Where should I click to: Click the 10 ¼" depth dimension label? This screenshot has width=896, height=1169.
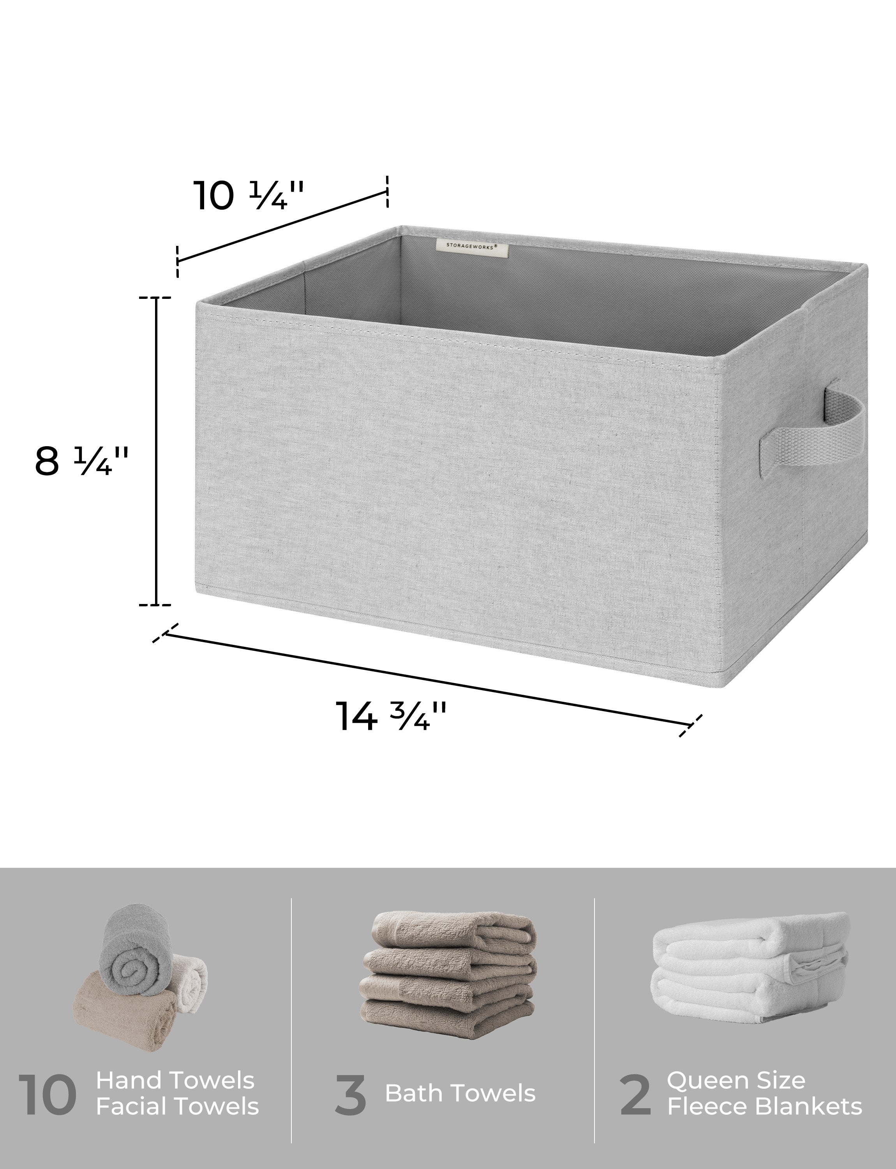point(248,196)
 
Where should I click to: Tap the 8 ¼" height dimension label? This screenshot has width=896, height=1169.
point(81,461)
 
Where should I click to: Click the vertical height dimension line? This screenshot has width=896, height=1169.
point(156,451)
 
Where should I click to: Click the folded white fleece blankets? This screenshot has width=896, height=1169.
point(750,971)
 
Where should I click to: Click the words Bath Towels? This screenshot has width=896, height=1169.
point(460,1093)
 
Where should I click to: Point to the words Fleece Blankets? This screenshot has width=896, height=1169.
point(764,1107)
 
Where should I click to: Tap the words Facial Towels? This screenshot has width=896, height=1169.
point(177,1107)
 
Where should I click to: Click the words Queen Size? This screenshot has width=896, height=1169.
point(735,1081)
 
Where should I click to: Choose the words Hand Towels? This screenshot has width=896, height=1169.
point(175,1081)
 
